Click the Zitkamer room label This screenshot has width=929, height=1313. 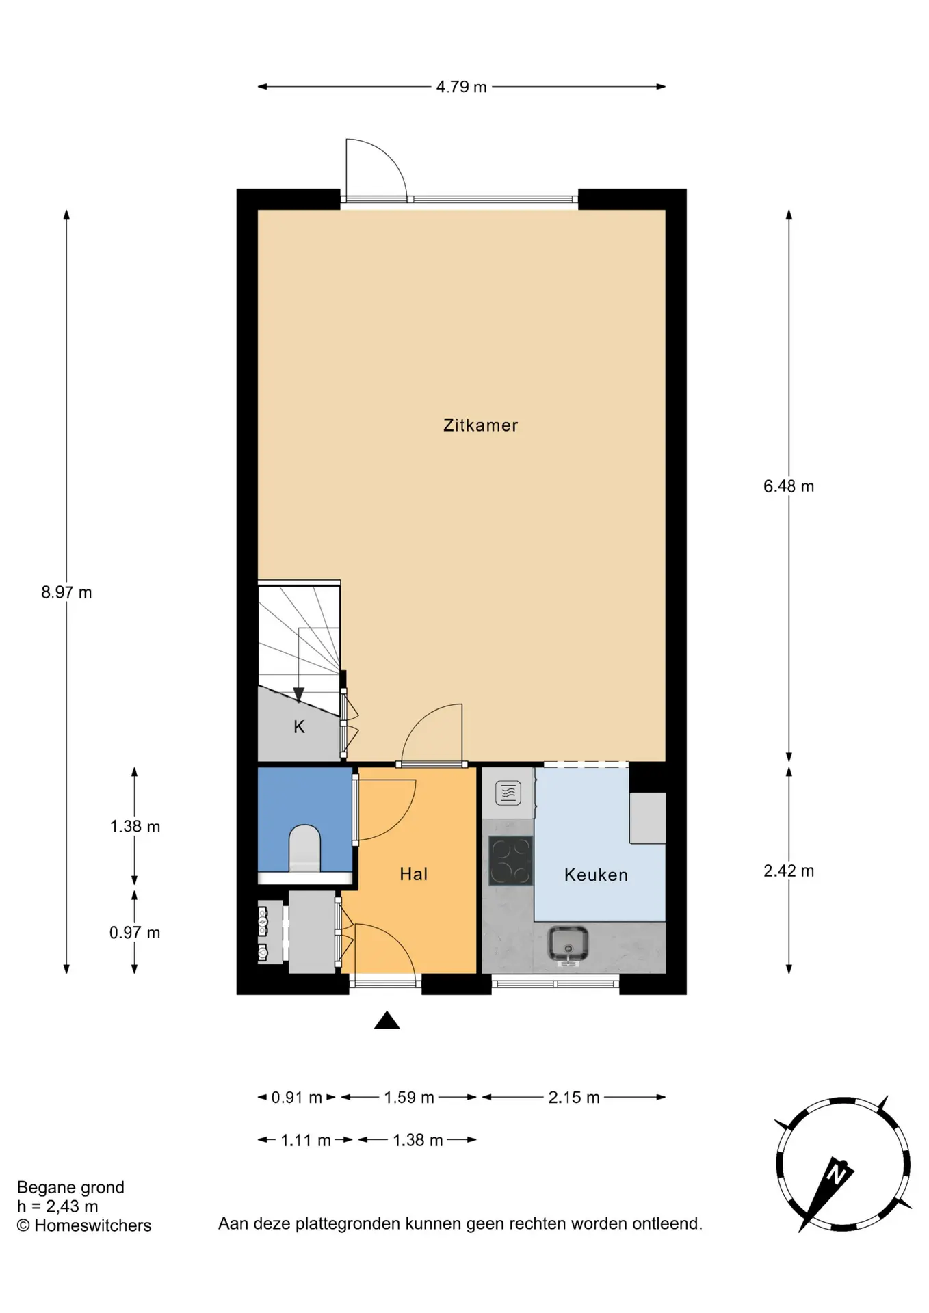click(480, 425)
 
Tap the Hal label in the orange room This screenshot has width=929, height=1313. click(414, 874)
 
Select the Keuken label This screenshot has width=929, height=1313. click(596, 875)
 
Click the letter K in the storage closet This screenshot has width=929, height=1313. click(299, 727)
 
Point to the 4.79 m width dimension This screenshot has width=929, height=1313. click(462, 87)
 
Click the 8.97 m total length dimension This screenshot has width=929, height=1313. click(66, 592)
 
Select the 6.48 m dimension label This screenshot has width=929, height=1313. click(789, 486)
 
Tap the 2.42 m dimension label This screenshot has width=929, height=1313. click(789, 871)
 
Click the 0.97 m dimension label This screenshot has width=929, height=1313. click(135, 932)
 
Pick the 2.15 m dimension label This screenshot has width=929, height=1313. click(574, 1098)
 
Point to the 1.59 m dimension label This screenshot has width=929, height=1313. click(409, 1098)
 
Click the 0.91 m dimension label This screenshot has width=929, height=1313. click(297, 1098)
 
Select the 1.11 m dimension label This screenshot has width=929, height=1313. click(306, 1140)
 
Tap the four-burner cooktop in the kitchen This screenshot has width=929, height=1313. click(510, 860)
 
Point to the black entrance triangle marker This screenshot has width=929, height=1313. click(387, 1020)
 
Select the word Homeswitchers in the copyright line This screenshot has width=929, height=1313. click(93, 1225)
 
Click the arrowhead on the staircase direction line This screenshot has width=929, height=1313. click(299, 695)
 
